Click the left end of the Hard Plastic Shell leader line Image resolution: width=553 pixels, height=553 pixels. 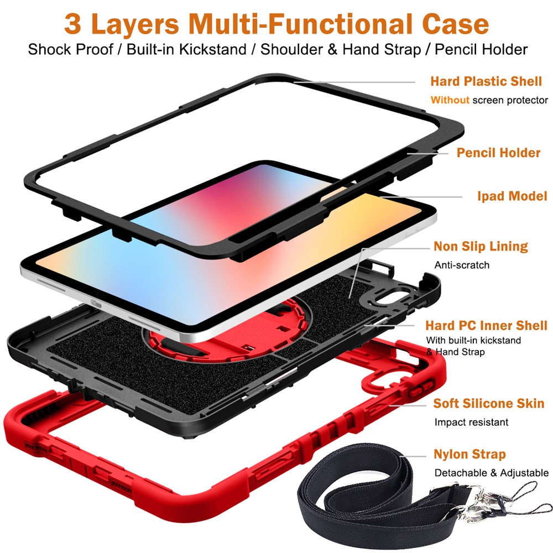294,82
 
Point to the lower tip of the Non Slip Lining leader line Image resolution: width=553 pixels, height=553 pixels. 349,298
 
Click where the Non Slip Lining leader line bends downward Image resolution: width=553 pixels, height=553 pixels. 363,248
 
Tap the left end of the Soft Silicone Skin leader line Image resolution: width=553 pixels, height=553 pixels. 389,405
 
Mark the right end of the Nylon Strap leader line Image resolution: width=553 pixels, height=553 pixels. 426,456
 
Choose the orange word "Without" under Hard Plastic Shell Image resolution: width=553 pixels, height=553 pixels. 450,100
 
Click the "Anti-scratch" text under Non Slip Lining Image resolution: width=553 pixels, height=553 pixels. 462,265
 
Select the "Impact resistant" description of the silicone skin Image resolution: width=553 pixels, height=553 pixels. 471,422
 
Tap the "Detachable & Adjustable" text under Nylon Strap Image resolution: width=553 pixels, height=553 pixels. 491,473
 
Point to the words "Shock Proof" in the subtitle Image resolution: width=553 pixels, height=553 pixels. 70,49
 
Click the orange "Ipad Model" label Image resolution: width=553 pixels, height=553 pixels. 512,196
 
